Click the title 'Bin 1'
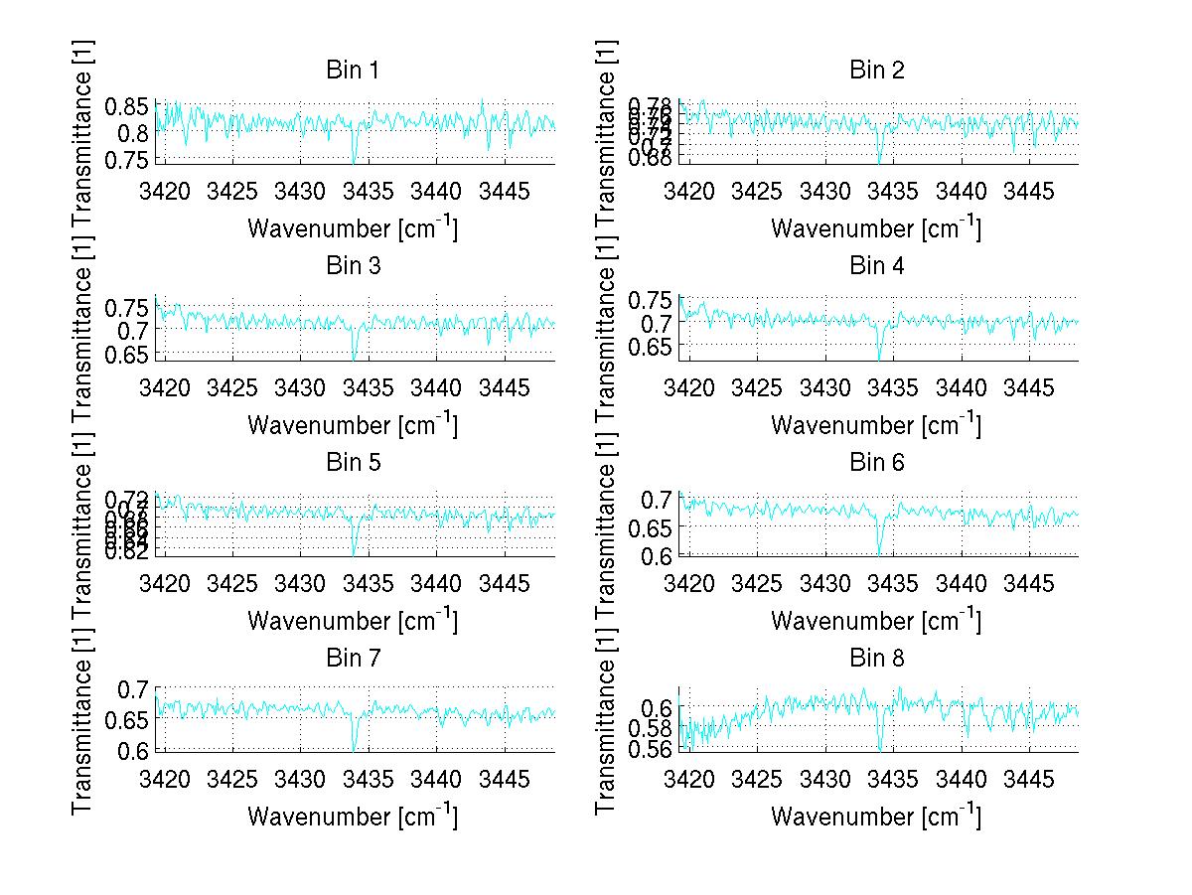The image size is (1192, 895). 352,71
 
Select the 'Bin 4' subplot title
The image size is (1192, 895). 876,266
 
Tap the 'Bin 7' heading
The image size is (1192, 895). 352,659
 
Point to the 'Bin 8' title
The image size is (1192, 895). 876,659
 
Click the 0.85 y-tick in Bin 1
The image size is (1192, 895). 127,106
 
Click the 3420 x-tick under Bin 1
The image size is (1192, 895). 164,191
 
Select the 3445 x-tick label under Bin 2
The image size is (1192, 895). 1029,191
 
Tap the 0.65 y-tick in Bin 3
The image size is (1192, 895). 127,353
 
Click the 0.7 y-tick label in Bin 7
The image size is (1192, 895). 133,688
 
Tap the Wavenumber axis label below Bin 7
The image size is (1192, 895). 352,816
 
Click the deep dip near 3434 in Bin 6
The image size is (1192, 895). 879,550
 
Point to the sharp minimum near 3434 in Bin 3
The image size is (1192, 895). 354,358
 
